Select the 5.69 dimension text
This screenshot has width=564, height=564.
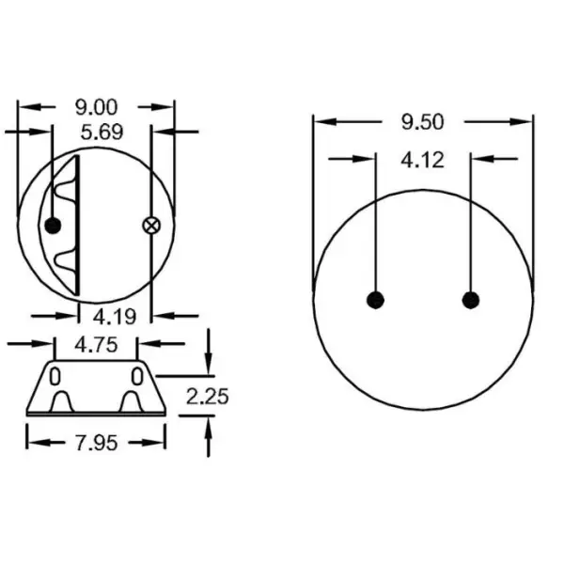coord(101,133)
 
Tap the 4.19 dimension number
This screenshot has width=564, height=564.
coord(115,316)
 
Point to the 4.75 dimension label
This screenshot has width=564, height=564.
coord(97,344)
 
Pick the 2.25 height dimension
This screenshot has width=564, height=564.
coord(207,396)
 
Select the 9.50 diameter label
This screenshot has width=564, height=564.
coord(423,121)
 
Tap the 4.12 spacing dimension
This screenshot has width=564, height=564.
coord(423,161)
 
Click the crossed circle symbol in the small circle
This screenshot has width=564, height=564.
coord(149,225)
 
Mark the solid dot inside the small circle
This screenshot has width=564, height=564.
coord(53,225)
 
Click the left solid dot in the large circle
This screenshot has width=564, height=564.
coord(375,300)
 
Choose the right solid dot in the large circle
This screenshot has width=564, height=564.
coord(471,300)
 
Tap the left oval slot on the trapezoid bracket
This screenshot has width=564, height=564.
coord(55,377)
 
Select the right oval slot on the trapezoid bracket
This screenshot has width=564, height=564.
coord(138,377)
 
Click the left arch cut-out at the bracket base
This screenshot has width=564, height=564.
coord(61,403)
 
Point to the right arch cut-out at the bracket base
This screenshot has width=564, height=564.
coord(132,403)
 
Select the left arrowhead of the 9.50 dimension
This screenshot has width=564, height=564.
coord(321,121)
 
